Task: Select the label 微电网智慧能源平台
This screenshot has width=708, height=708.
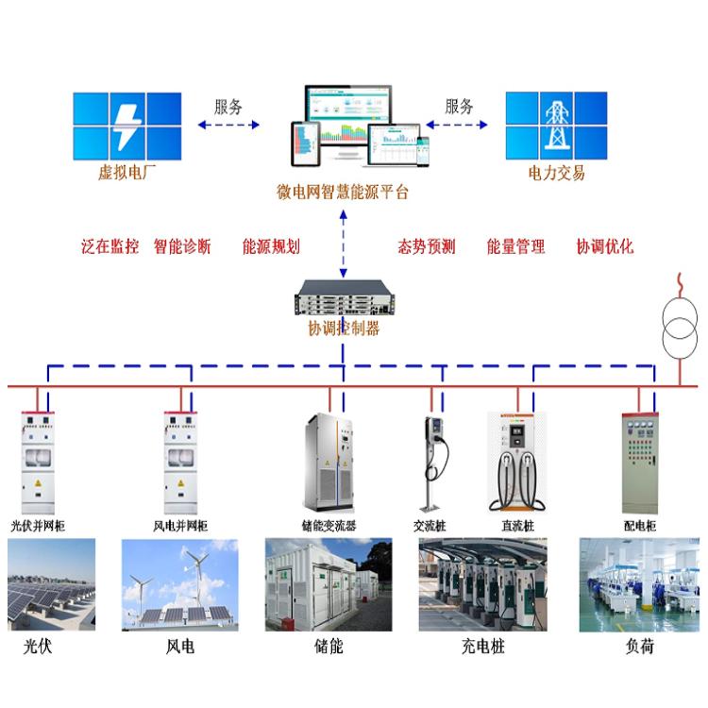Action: pyautogui.click(x=343, y=193)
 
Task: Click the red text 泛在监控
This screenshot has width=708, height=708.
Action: pyautogui.click(x=110, y=247)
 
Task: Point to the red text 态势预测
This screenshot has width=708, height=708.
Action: pyautogui.click(x=427, y=247)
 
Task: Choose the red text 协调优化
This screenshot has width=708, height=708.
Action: pyautogui.click(x=605, y=247)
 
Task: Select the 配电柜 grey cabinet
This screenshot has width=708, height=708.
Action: pyautogui.click(x=639, y=463)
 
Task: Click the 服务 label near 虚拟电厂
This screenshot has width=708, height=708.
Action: pyautogui.click(x=228, y=107)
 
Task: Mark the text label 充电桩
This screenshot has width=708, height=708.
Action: pyautogui.click(x=484, y=648)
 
